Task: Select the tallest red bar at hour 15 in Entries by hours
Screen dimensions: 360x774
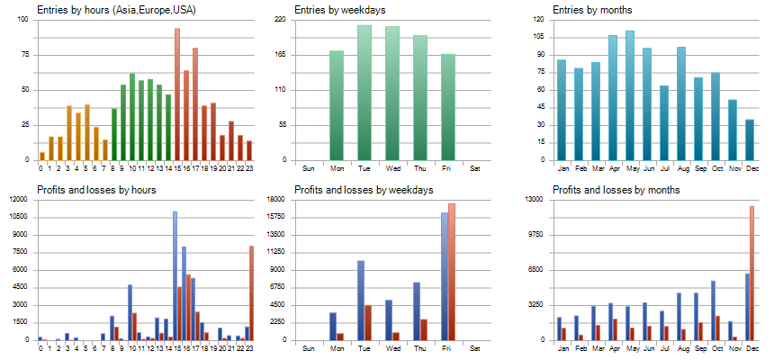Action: pyautogui.click(x=177, y=94)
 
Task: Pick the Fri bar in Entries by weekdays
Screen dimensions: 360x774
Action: pyautogui.click(x=448, y=107)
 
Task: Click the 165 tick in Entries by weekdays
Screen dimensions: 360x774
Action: pyautogui.click(x=280, y=54)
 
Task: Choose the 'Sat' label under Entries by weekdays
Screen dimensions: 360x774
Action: pyautogui.click(x=476, y=168)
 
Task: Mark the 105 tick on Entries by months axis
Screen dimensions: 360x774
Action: pyautogui.click(x=538, y=36)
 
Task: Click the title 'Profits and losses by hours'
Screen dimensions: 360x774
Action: pyautogui.click(x=97, y=190)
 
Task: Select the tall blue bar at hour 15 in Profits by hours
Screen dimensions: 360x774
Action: pyautogui.click(x=175, y=275)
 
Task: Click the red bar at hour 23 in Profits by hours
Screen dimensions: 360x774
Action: pyautogui.click(x=252, y=293)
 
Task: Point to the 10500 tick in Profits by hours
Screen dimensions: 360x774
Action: pyautogui.click(x=19, y=216)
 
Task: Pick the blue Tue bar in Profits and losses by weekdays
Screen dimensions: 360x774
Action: pyautogui.click(x=361, y=301)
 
